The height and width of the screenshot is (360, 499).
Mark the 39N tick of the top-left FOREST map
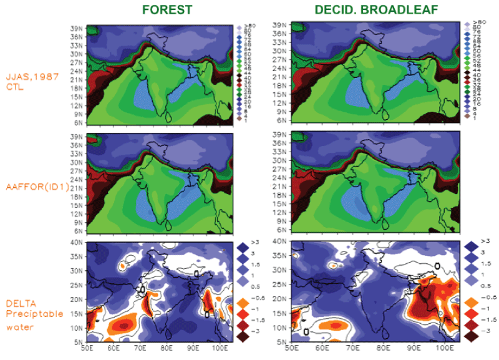pos(77,28)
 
